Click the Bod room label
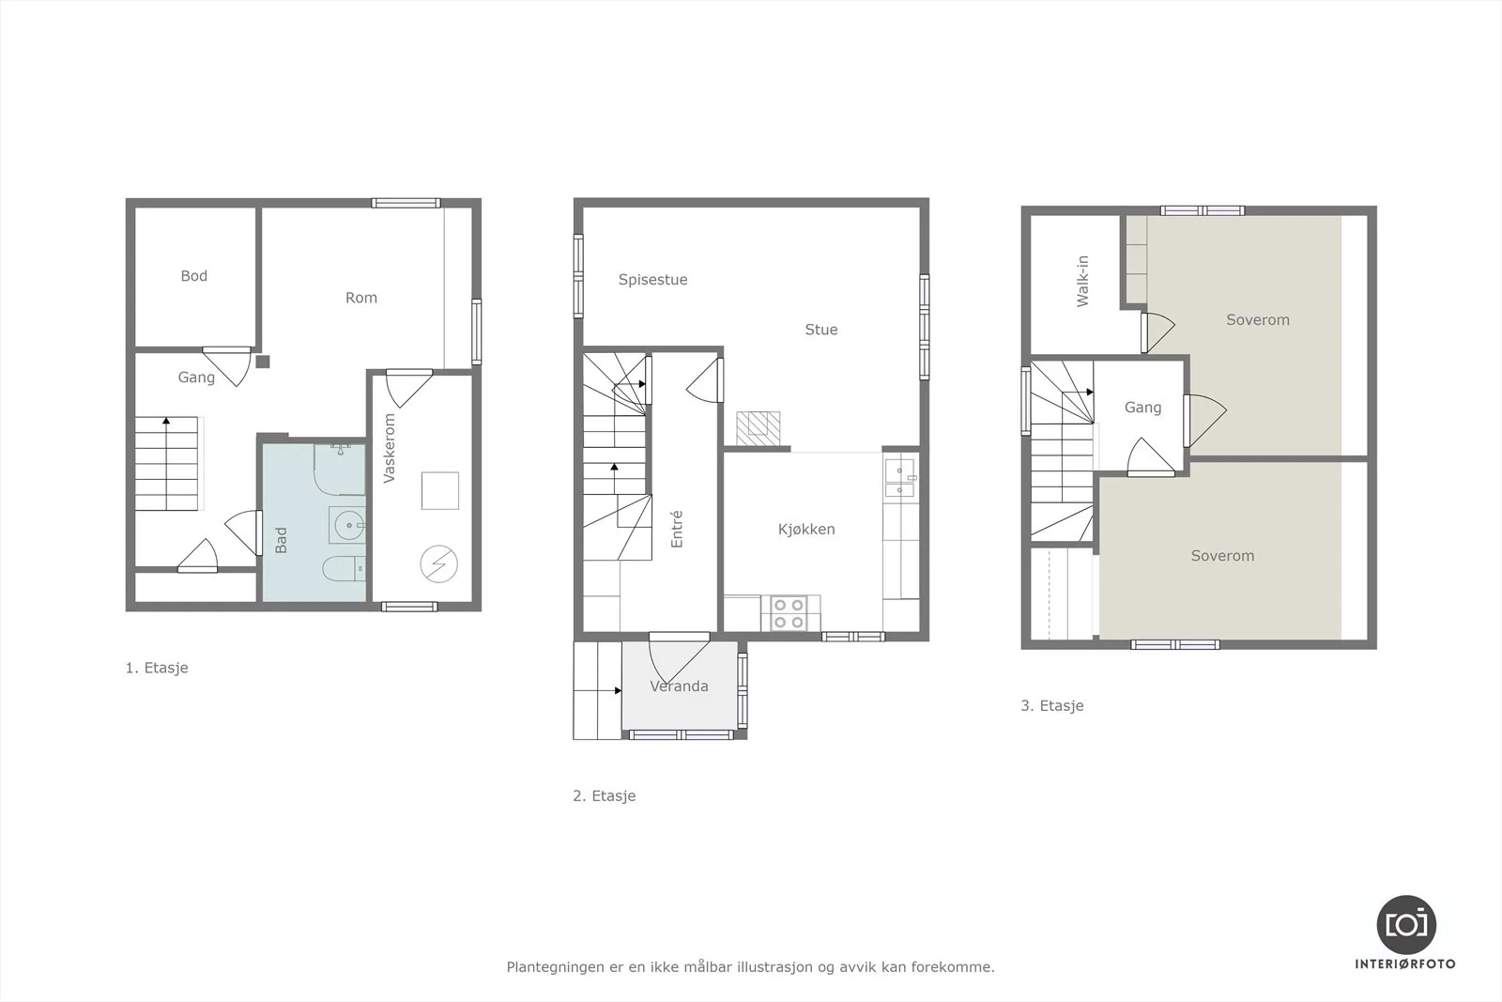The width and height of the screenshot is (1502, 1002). point(193,276)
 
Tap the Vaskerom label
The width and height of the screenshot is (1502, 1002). point(389,448)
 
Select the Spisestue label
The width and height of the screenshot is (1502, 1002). point(652,280)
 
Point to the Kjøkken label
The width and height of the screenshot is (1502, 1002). point(806,529)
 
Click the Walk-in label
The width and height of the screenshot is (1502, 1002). point(1082,281)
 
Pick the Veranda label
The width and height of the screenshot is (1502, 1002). point(679,686)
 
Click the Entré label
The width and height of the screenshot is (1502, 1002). point(677,529)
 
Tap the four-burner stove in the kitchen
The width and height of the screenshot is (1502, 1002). point(789,613)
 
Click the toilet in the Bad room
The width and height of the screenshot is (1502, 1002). point(344,569)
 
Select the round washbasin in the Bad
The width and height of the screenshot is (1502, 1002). point(347,524)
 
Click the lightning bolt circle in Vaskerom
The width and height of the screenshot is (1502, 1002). point(439,564)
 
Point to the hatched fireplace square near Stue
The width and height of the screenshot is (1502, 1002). point(759,428)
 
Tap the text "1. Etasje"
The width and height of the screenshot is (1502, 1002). point(157,668)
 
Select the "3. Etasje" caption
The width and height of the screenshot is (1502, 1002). point(1052,705)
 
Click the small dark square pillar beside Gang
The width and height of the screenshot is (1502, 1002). point(263,362)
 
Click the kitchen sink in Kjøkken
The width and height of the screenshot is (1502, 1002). point(900,478)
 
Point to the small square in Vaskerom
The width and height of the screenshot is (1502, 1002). point(440,491)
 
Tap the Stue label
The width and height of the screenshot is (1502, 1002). point(821,330)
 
